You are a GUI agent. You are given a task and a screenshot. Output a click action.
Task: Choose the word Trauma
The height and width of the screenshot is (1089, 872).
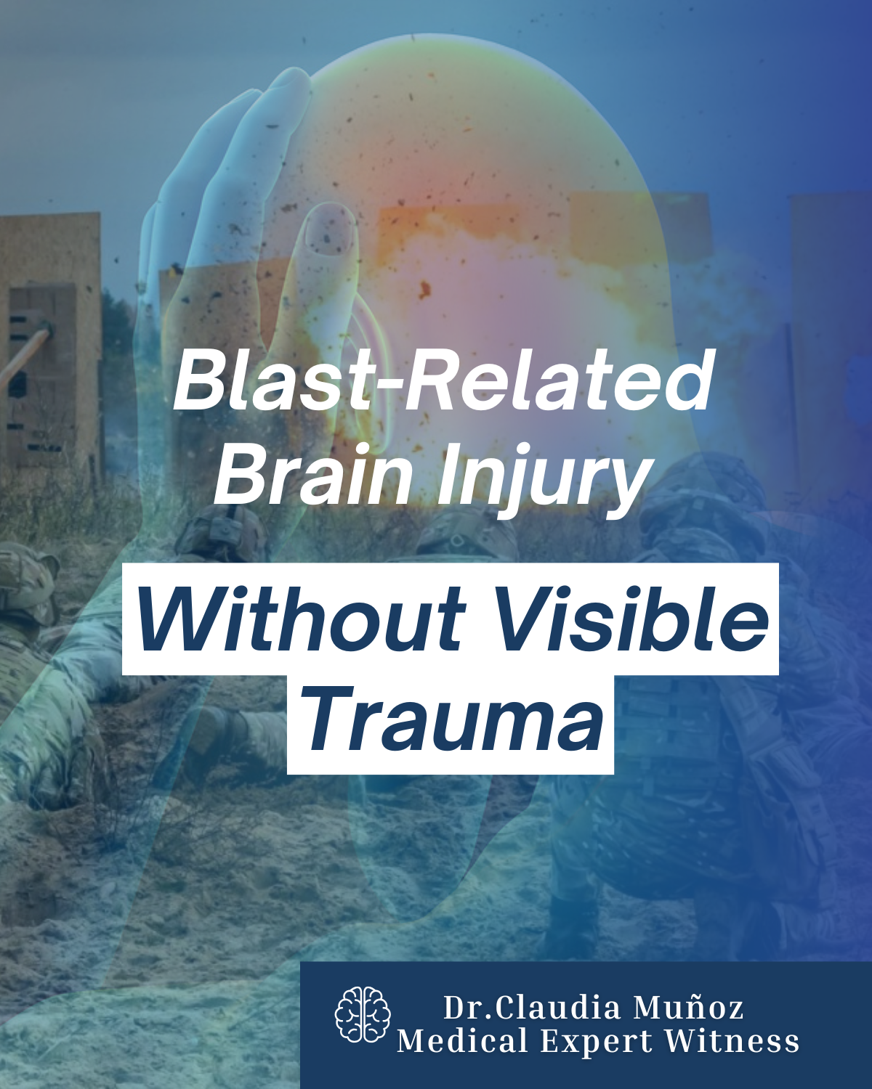pyautogui.click(x=451, y=722)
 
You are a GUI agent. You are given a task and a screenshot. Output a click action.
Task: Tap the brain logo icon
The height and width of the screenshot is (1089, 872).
pyautogui.click(x=363, y=1015)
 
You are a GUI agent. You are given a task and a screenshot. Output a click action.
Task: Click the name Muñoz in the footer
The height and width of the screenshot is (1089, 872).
pyautogui.click(x=688, y=1008)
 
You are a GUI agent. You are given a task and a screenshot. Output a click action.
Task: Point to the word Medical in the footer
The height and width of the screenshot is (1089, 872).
pyautogui.click(x=463, y=1041)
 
